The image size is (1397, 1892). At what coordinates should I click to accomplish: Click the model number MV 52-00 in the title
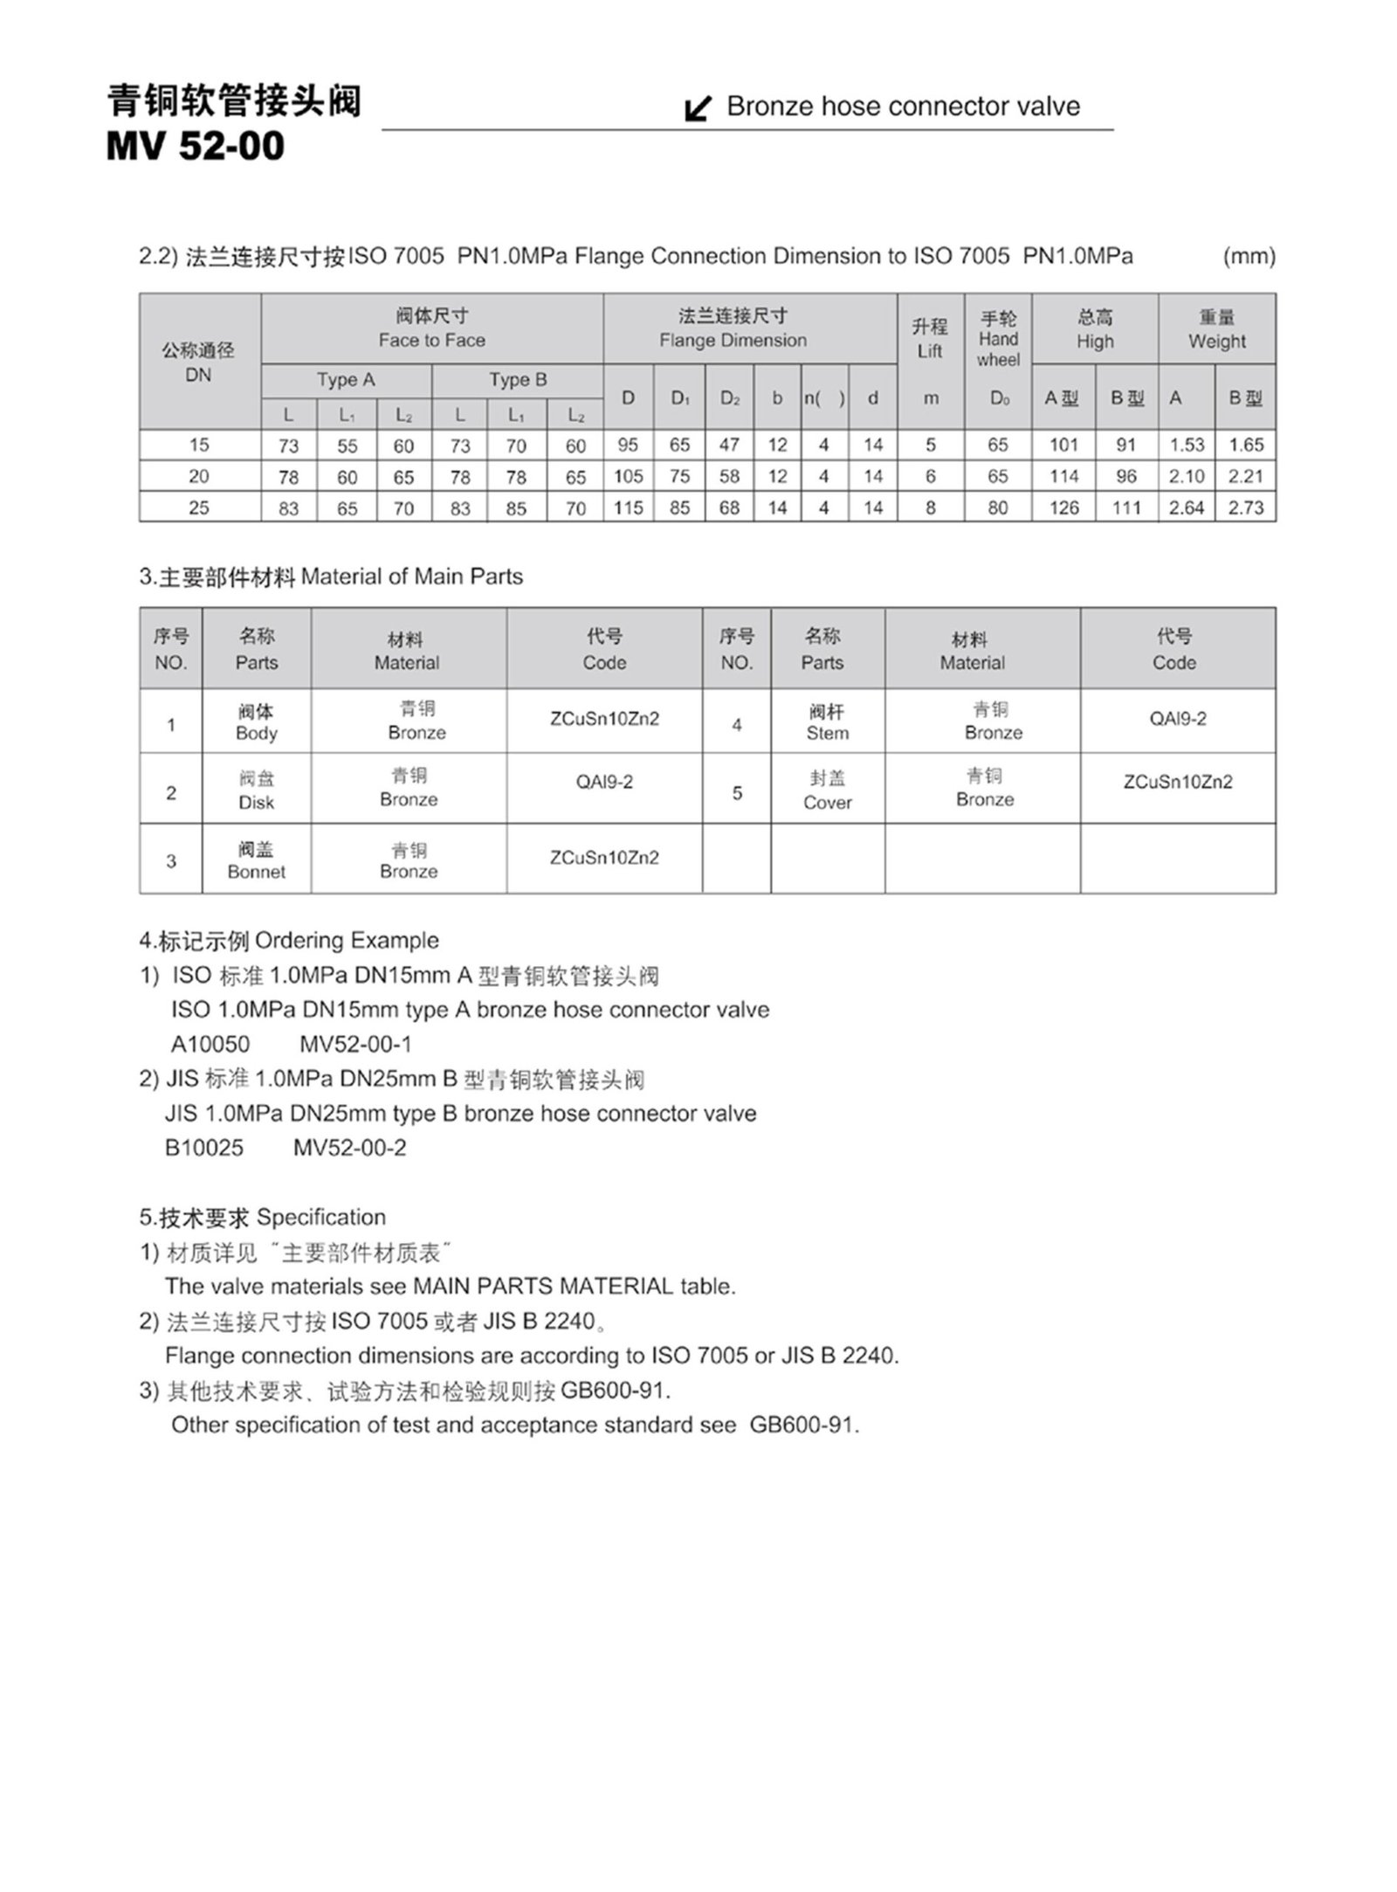[195, 145]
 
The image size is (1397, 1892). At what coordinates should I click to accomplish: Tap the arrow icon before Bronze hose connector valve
[697, 108]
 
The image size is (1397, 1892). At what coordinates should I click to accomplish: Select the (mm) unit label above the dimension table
[1249, 257]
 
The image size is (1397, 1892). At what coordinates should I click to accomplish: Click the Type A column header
[346, 380]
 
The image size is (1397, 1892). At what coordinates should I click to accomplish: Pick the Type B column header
[518, 380]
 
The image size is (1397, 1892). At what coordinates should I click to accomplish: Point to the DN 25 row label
[199, 508]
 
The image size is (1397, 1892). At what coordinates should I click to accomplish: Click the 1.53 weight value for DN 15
[1187, 445]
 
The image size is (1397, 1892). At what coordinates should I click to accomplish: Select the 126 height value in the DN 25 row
[1063, 508]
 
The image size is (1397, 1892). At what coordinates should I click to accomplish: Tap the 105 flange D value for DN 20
[628, 476]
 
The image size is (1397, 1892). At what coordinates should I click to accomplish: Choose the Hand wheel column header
[998, 339]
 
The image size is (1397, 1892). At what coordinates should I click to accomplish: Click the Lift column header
[930, 339]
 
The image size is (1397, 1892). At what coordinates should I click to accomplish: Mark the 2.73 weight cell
[1246, 508]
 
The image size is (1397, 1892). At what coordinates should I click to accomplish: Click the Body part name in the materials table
[256, 722]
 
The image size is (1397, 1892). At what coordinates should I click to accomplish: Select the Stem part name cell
[827, 722]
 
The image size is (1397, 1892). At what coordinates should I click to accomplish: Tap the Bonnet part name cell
[256, 860]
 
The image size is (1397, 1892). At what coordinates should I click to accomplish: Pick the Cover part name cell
[827, 791]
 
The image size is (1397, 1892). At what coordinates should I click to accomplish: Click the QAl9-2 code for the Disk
[604, 782]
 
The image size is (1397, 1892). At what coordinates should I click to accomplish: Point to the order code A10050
[210, 1045]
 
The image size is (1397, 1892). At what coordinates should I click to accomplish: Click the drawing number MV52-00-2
[350, 1148]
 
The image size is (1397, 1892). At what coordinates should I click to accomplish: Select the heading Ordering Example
[347, 941]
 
